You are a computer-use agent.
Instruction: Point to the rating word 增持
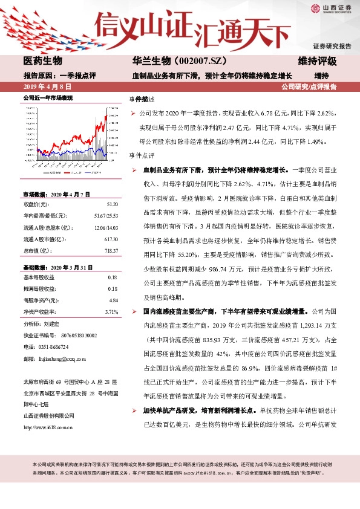coord(321,76)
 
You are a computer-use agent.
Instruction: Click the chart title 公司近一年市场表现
coord(48,97)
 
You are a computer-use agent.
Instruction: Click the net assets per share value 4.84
coord(113,300)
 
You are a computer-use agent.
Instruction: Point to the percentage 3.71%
coord(111,311)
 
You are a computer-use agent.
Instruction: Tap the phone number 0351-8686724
coord(56,346)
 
